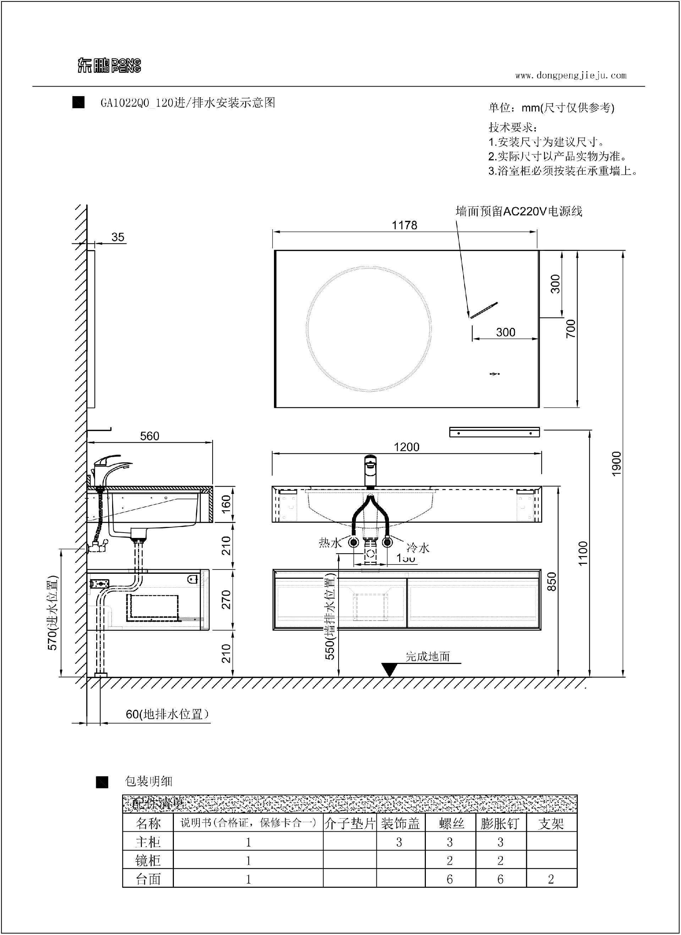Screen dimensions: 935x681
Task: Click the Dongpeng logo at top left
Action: [x=109, y=65]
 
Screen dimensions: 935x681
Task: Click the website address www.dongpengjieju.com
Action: [x=571, y=76]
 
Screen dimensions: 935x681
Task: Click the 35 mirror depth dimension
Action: [x=118, y=237]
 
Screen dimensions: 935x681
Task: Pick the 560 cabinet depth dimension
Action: [x=149, y=436]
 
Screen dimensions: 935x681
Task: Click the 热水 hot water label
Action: [x=330, y=543]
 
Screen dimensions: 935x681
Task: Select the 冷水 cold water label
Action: [x=418, y=548]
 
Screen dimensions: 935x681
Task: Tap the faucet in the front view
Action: [x=370, y=471]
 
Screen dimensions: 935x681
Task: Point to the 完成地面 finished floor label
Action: [x=428, y=656]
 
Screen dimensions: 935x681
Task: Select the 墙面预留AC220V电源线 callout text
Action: [x=519, y=211]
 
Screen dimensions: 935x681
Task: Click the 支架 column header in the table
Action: [x=551, y=824]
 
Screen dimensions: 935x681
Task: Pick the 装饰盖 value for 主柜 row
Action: [x=399, y=842]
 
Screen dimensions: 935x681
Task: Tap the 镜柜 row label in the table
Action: [x=148, y=861]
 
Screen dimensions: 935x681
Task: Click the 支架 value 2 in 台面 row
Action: [x=551, y=879]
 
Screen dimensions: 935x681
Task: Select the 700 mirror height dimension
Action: [x=571, y=329]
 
